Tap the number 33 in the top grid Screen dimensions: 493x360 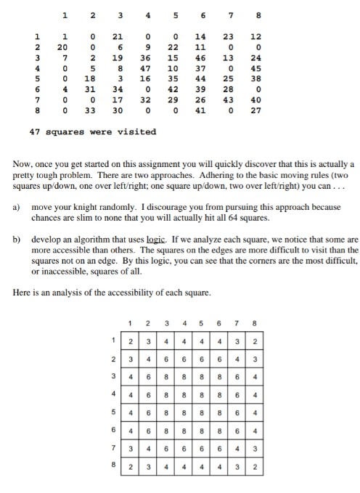click(91, 112)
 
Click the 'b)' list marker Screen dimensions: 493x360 click(17, 238)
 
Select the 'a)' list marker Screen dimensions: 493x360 click(17, 208)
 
